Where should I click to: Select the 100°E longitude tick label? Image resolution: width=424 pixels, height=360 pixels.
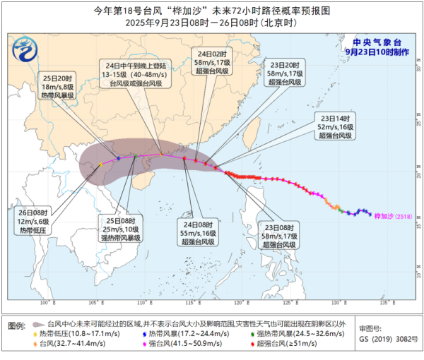48,304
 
